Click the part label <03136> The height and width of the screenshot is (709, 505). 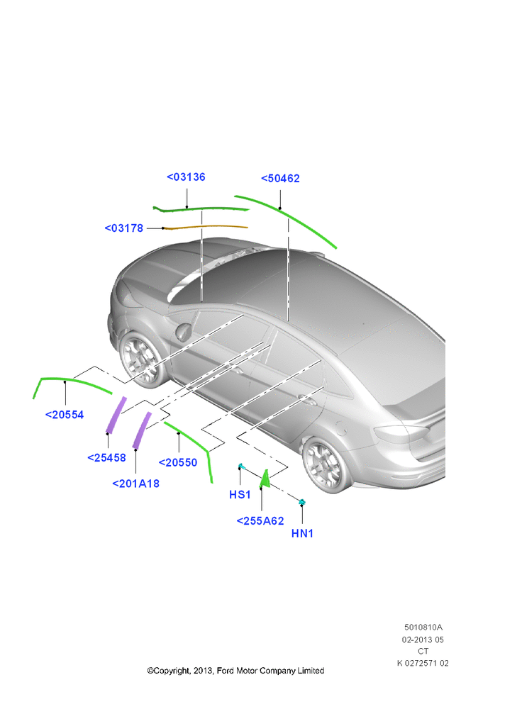pyautogui.click(x=186, y=177)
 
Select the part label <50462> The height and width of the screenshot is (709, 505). pyautogui.click(x=280, y=179)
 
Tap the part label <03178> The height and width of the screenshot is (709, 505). pyautogui.click(x=123, y=228)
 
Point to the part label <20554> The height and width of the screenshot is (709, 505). pyautogui.click(x=65, y=415)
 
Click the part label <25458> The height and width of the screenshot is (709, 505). pyautogui.click(x=106, y=457)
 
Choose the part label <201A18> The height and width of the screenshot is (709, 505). pyautogui.click(x=135, y=484)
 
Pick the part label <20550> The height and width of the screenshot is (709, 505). pyautogui.click(x=178, y=462)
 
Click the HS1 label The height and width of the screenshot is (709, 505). pyautogui.click(x=240, y=495)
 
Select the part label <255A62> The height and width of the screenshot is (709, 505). pyautogui.click(x=260, y=521)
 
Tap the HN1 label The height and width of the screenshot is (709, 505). pyautogui.click(x=302, y=534)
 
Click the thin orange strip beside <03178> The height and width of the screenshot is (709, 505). pyautogui.click(x=205, y=227)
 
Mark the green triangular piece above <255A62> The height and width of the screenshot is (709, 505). pyautogui.click(x=266, y=480)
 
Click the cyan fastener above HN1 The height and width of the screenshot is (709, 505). pyautogui.click(x=302, y=501)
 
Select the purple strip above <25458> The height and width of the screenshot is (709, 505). pyautogui.click(x=116, y=415)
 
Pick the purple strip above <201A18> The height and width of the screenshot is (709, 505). pyautogui.click(x=142, y=430)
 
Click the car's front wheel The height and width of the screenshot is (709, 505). pyautogui.click(x=140, y=359)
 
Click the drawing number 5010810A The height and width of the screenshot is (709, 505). pyautogui.click(x=423, y=627)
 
